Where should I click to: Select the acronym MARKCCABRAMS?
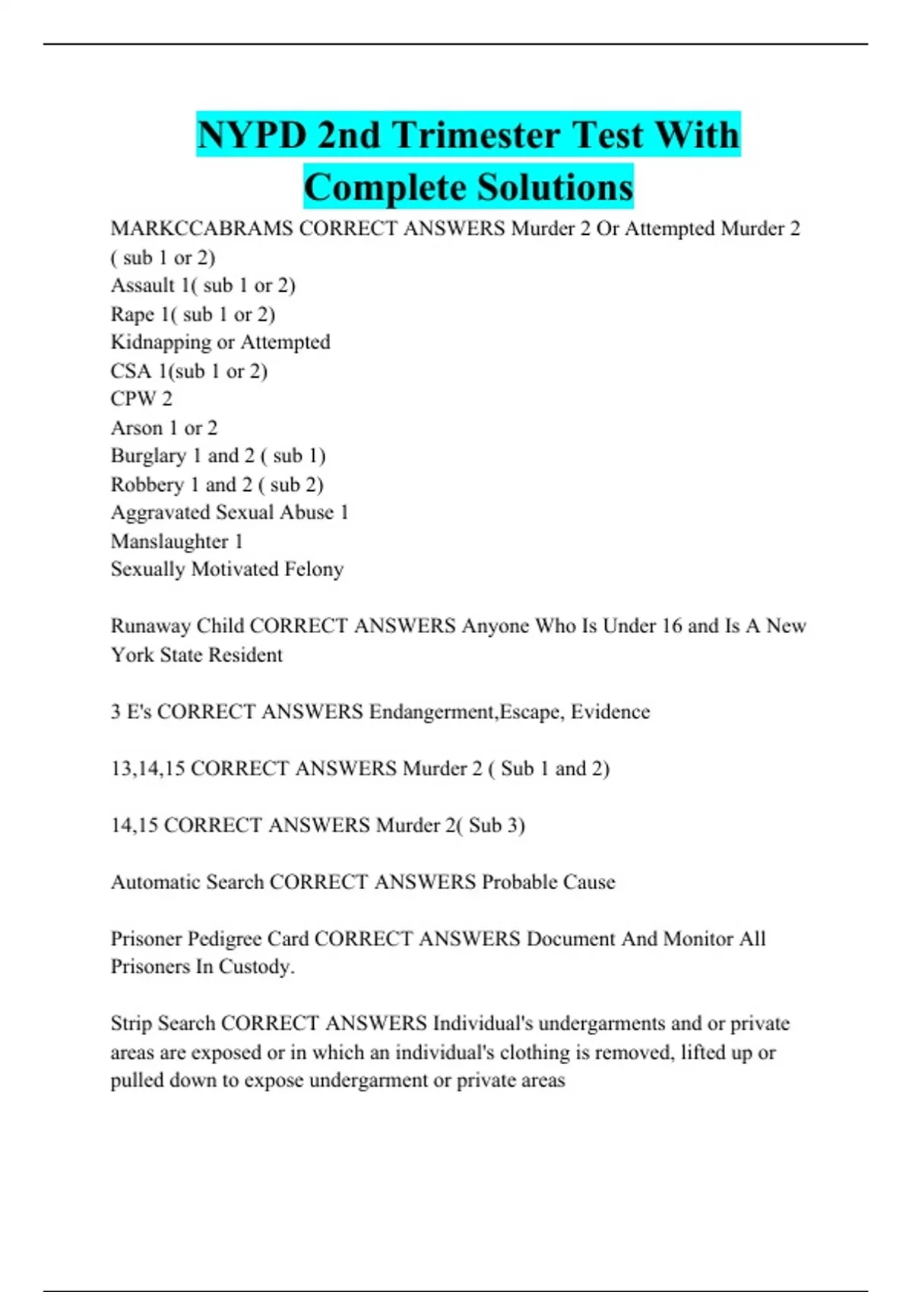[201, 229]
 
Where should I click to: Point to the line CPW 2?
[141, 399]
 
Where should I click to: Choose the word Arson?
[137, 428]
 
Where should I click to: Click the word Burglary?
[148, 456]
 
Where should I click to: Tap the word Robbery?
[147, 485]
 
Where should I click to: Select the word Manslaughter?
[169, 542]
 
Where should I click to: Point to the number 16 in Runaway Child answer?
[671, 626]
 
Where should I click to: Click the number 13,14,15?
[147, 768]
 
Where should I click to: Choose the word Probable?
[519, 882]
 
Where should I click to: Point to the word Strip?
[131, 1024]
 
